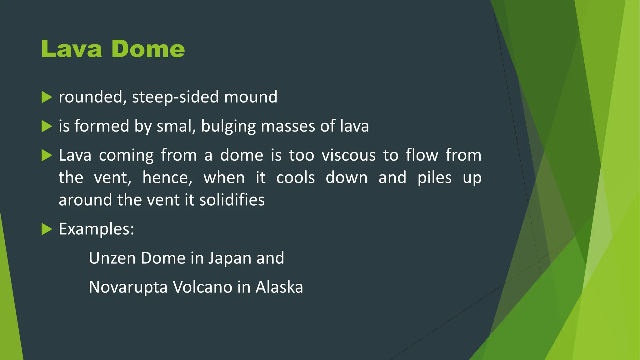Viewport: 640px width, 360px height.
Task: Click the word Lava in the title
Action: coord(72,49)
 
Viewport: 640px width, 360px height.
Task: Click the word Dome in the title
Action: coord(148,49)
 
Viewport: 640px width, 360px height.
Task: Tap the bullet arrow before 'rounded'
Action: coord(47,97)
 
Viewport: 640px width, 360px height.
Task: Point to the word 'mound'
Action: coord(251,97)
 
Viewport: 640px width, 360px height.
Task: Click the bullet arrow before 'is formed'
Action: coord(47,127)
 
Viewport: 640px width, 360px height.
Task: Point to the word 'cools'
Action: coord(295,178)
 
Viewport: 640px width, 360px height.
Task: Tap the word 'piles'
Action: coord(434,178)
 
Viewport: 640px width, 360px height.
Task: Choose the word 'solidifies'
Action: coord(232,200)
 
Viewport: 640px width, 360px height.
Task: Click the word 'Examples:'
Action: coord(97,229)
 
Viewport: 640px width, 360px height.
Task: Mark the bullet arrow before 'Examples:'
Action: coord(47,229)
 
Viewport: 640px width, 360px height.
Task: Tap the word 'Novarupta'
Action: coord(128,287)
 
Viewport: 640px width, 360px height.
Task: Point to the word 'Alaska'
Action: coord(279,287)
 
